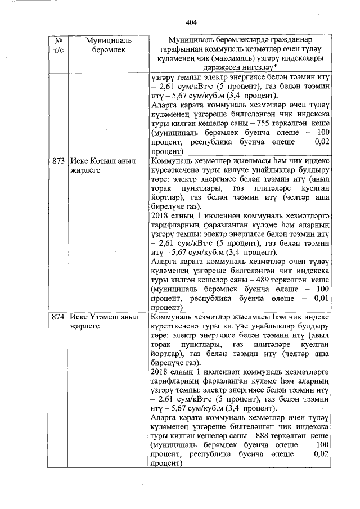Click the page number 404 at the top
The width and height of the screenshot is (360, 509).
(x=191, y=22)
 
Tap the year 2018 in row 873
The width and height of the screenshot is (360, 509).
(x=160, y=215)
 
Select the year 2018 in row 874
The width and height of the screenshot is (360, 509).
(x=160, y=371)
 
